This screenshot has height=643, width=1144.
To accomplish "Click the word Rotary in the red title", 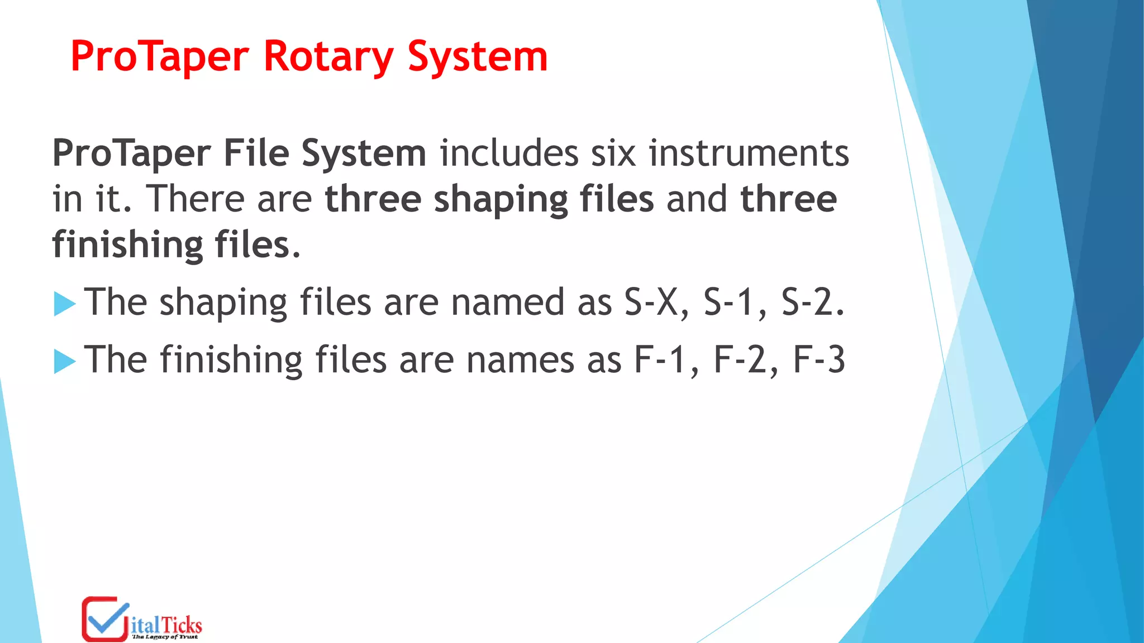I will tap(328, 56).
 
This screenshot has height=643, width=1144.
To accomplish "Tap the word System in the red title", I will tap(478, 56).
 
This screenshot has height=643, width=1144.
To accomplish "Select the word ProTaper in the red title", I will tap(160, 56).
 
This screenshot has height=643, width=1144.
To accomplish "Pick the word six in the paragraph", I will tap(613, 153).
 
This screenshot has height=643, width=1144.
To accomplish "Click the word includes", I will tap(509, 153).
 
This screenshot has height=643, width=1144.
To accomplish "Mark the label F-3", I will tap(819, 360).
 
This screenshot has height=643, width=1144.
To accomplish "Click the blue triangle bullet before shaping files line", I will tap(65, 304).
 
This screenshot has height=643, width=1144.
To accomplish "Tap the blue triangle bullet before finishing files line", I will tap(65, 362).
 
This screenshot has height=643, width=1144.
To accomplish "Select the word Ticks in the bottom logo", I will tap(182, 625).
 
